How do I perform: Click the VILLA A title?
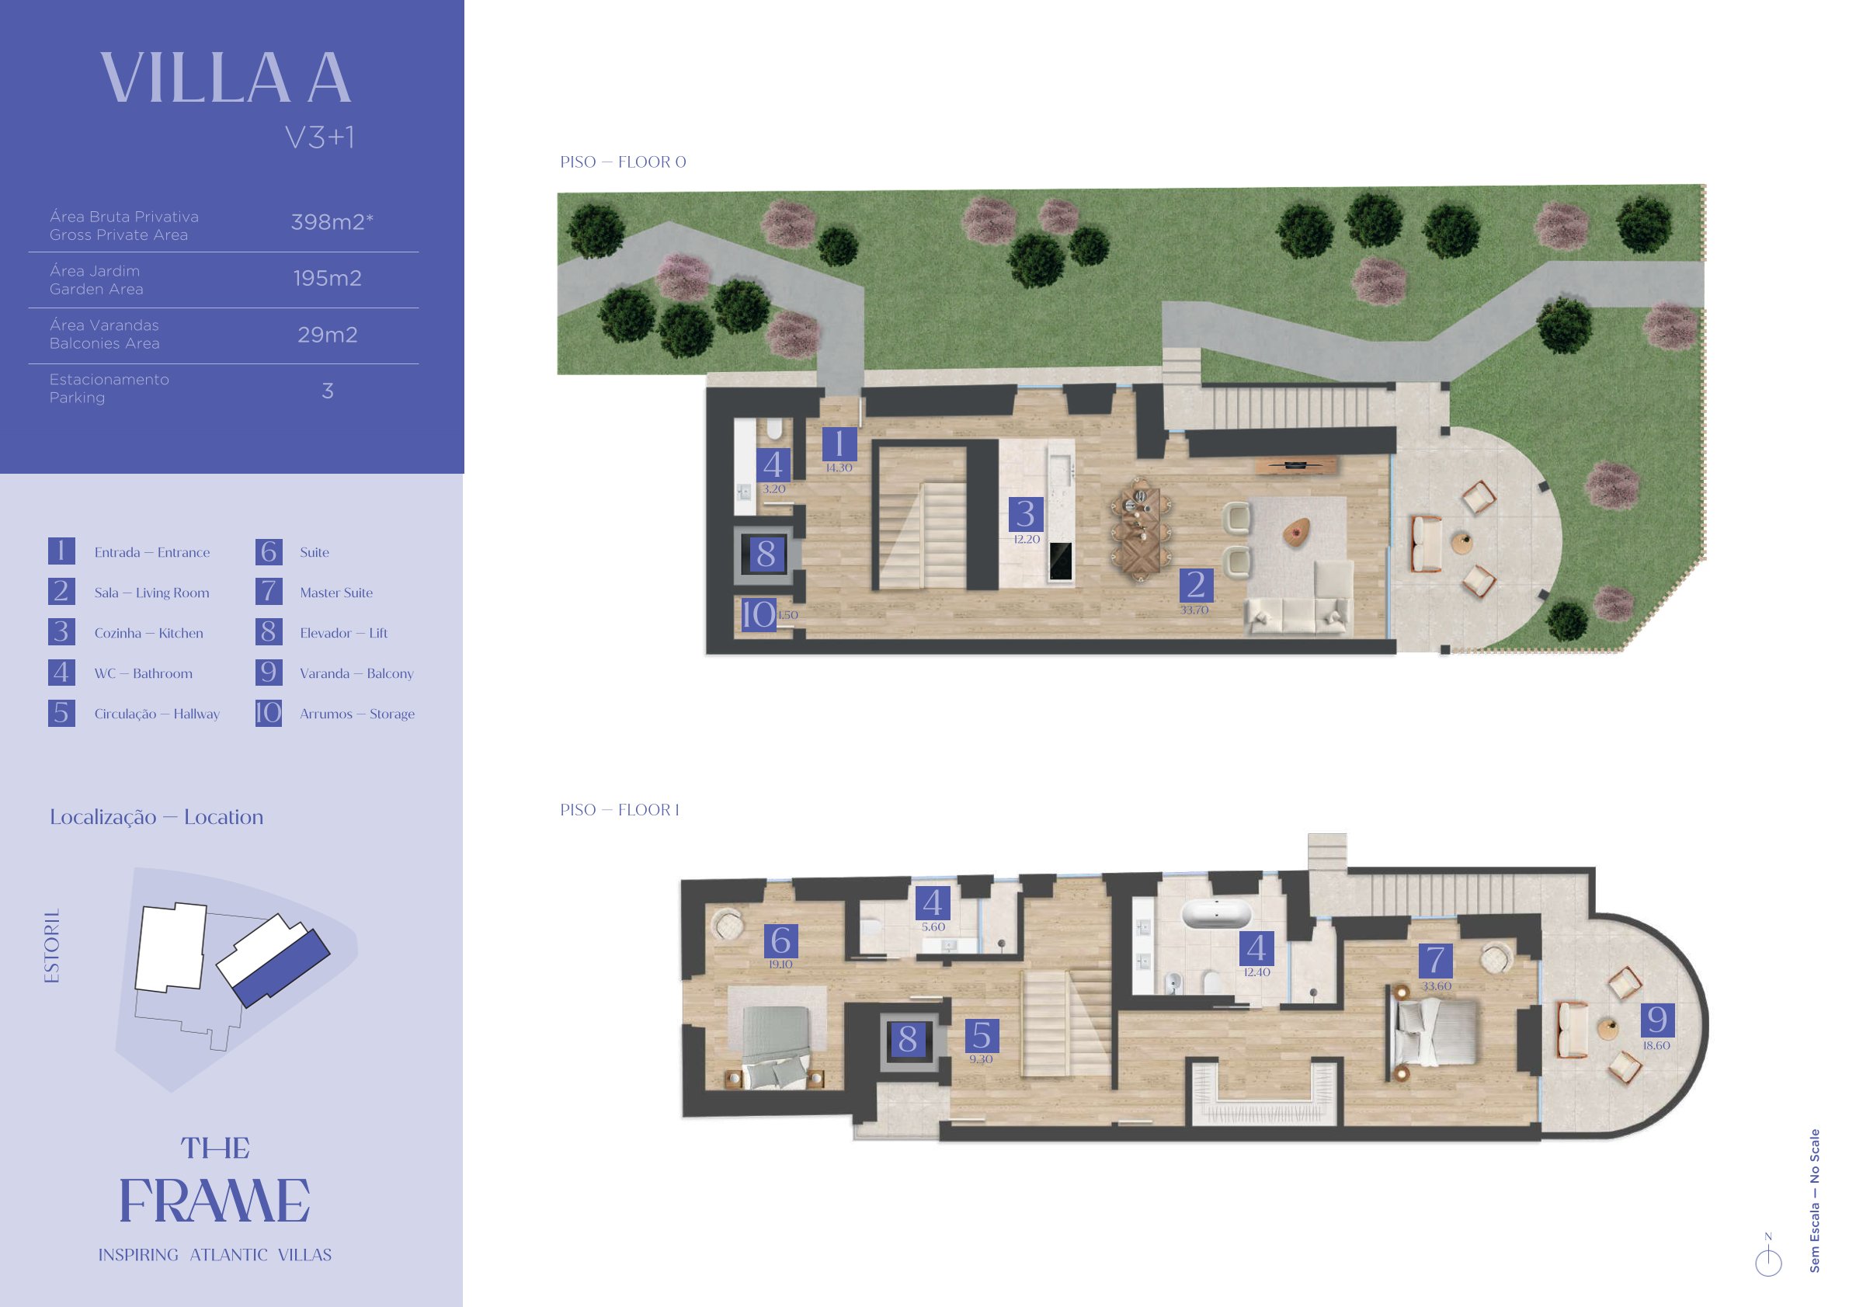tap(226, 78)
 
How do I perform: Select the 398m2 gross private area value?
tap(332, 222)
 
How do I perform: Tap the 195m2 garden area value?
tap(327, 279)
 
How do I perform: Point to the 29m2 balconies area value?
tap(327, 335)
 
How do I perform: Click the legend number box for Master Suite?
tap(269, 592)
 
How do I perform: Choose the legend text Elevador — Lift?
tap(344, 633)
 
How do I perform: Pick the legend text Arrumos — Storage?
tap(357, 714)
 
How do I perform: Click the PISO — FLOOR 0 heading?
tap(623, 162)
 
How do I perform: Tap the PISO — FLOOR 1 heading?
tap(619, 810)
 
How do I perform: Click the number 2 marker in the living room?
tap(1196, 586)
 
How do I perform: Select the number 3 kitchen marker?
tap(1026, 514)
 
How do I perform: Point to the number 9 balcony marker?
tap(1657, 1020)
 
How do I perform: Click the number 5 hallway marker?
tap(982, 1036)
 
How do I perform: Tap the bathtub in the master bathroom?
tap(1216, 916)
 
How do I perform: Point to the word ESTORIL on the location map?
tap(54, 946)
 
